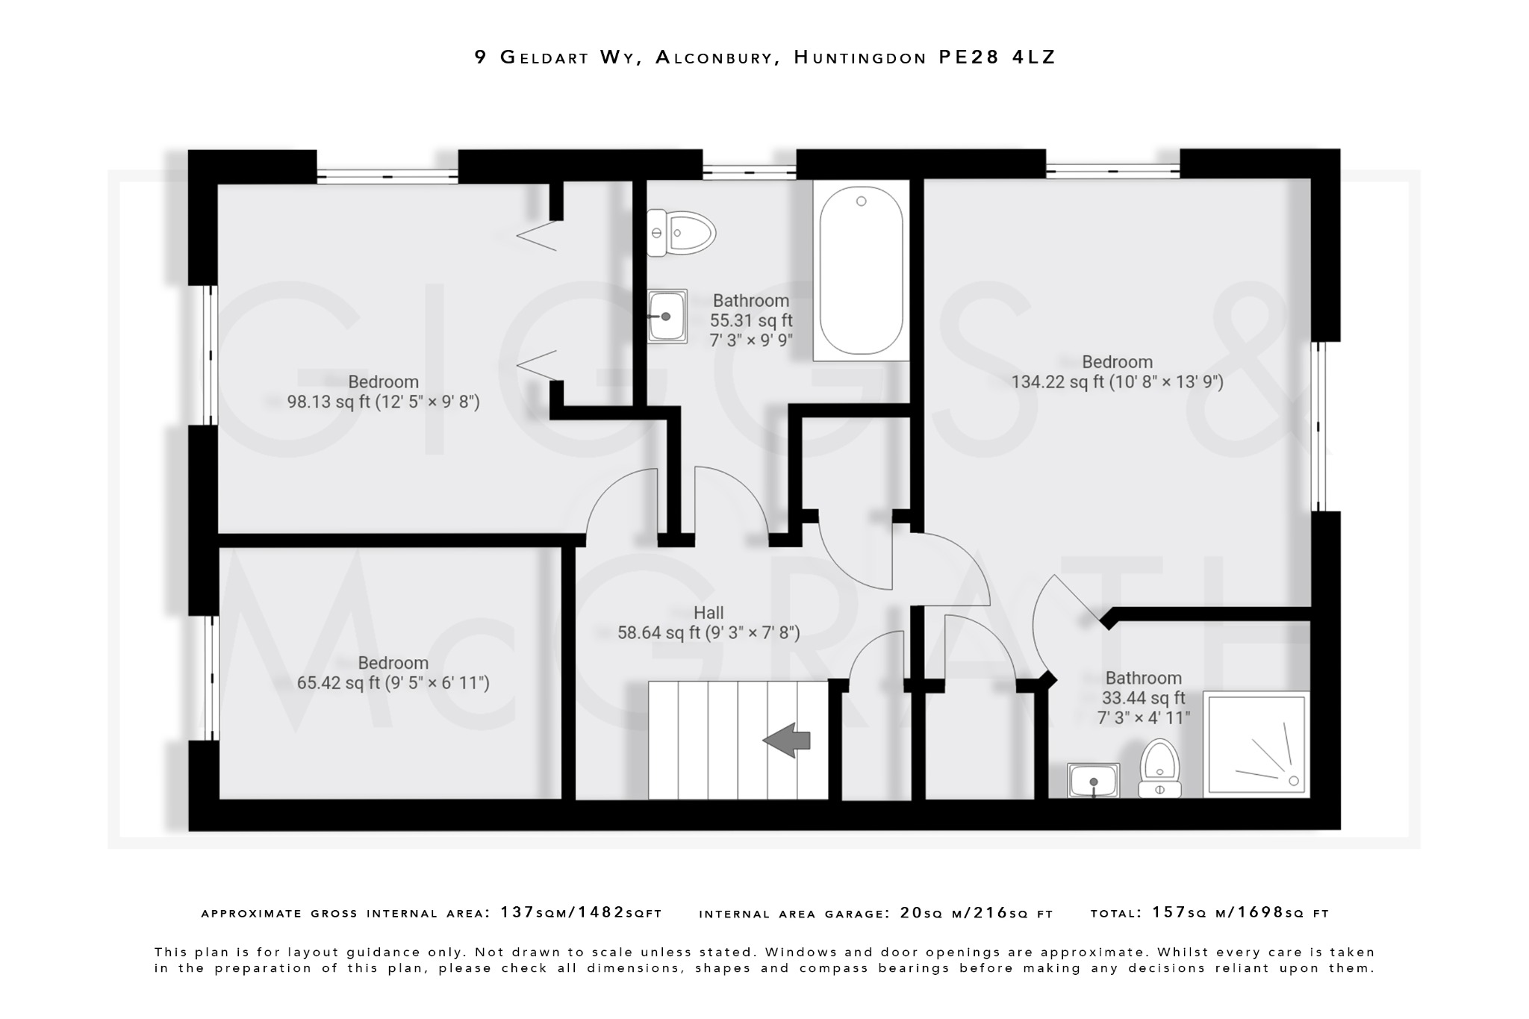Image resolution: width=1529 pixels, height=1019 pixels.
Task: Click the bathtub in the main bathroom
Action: click(861, 270)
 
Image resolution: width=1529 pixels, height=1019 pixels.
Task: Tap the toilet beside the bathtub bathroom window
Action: click(681, 233)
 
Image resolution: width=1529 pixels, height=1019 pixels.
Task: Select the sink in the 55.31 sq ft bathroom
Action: click(667, 317)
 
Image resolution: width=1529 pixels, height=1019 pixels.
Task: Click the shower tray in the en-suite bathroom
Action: click(1256, 744)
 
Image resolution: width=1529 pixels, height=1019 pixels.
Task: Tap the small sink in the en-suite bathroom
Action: click(1093, 781)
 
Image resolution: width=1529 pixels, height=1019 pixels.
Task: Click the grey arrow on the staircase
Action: click(786, 740)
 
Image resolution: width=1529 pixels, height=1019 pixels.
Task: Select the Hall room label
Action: click(709, 613)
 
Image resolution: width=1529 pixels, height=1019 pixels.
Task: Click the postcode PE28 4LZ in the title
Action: click(997, 57)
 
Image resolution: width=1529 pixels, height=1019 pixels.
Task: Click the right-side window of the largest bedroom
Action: click(1319, 426)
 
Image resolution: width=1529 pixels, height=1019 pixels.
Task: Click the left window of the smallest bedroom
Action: click(211, 677)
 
